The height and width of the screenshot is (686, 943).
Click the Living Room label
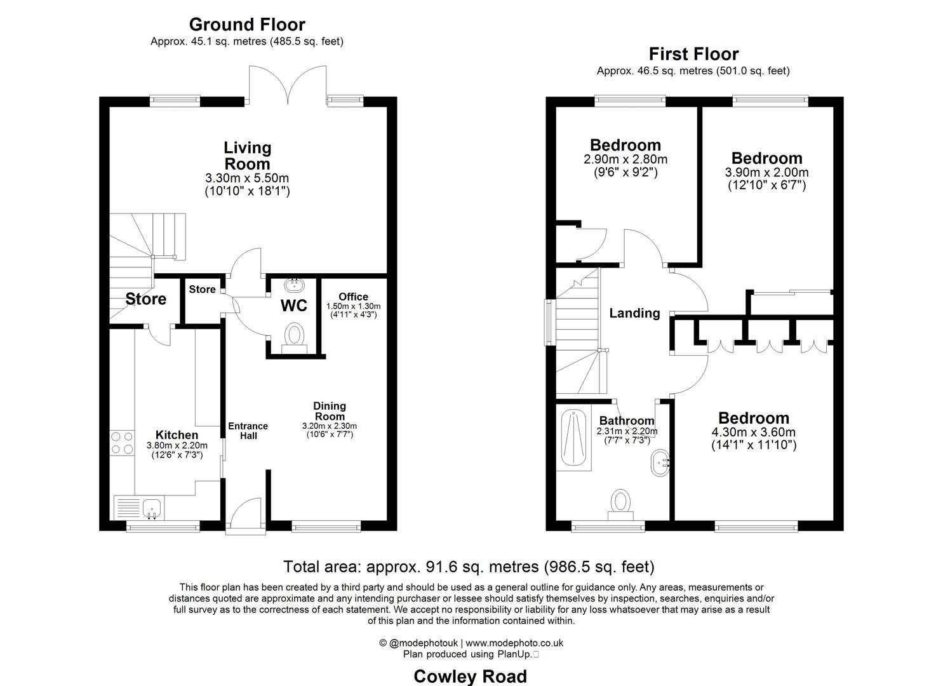(x=247, y=156)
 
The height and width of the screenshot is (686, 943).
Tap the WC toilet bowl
(x=294, y=335)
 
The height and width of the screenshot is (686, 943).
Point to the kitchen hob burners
(x=122, y=443)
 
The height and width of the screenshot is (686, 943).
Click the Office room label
(x=353, y=297)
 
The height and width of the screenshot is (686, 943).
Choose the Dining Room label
(x=330, y=411)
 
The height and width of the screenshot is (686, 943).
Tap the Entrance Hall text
(x=248, y=431)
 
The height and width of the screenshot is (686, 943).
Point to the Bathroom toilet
(x=620, y=501)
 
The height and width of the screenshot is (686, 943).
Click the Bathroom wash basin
(x=660, y=462)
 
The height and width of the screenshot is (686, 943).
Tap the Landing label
(x=634, y=313)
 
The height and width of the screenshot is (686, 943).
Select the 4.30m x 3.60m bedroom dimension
(x=754, y=433)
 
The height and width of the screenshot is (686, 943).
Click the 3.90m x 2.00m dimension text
(x=766, y=173)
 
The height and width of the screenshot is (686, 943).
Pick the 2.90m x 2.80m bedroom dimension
(x=625, y=159)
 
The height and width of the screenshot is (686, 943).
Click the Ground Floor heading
(x=247, y=25)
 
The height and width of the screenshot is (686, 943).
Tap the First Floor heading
(x=693, y=54)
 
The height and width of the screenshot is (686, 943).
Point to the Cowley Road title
(x=470, y=676)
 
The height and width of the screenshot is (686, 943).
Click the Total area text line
(x=469, y=567)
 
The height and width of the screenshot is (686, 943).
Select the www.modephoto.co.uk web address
(x=514, y=643)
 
